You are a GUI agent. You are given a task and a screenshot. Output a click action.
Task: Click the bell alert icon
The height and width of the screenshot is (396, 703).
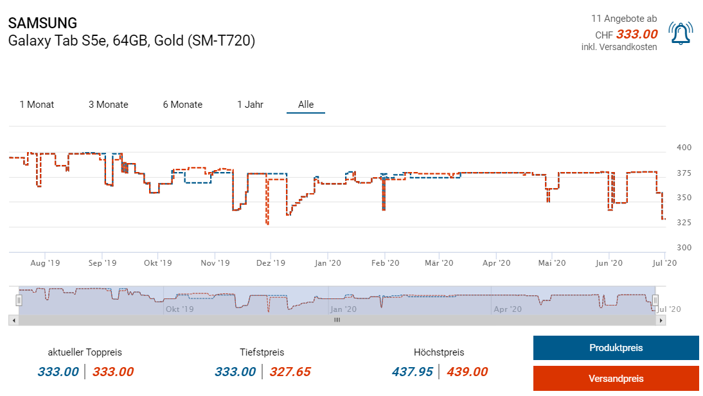681,33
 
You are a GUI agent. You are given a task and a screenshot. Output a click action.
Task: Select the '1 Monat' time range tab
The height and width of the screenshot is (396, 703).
37,105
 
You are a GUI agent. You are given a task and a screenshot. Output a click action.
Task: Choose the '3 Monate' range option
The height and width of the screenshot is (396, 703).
108,105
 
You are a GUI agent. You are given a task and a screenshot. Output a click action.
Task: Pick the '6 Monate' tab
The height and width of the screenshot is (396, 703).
182,105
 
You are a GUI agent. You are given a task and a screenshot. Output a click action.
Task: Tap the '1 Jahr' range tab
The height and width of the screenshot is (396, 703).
250,105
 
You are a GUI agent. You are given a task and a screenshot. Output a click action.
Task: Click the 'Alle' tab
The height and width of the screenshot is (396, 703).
306,105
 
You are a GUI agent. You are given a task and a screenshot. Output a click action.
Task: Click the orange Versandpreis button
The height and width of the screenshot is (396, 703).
616,379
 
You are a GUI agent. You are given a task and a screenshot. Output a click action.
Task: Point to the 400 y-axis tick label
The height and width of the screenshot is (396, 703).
684,148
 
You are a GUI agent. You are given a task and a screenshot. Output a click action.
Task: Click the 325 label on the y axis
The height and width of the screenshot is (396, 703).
684,223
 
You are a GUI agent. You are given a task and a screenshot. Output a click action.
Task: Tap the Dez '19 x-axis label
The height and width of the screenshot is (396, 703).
271,263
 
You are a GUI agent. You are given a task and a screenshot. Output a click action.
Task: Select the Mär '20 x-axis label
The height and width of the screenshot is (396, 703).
440,263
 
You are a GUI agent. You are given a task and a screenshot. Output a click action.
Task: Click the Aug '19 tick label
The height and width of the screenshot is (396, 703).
45,263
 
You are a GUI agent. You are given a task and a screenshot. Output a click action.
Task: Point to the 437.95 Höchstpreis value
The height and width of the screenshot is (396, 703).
412,372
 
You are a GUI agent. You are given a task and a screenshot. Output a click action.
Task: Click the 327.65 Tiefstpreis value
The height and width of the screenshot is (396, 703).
290,372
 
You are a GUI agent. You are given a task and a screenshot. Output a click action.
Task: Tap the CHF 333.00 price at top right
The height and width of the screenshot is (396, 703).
636,35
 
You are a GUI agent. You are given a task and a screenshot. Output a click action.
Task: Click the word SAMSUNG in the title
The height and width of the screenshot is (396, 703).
42,23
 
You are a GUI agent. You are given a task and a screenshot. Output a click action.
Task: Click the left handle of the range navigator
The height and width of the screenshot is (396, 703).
19,300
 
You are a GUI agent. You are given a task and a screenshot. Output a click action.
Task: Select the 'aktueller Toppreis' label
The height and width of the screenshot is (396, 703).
85,352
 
